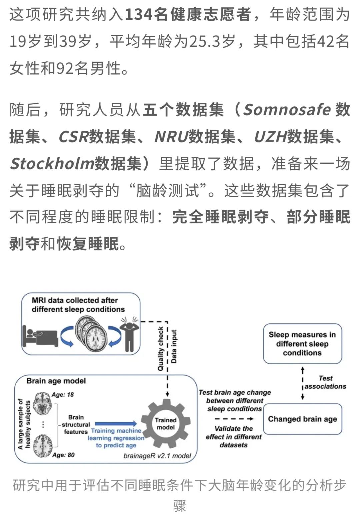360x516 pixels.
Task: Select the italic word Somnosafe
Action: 287,110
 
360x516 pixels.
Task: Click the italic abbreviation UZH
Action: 270,137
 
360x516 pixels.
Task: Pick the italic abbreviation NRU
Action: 171,137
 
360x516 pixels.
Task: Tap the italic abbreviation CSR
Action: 74,137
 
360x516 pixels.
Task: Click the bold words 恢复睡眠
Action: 88,244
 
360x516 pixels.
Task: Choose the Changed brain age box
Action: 302,419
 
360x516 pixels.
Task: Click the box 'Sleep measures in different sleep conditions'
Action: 302,343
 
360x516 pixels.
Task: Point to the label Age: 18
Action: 63,395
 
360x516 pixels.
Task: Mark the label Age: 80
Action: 63,455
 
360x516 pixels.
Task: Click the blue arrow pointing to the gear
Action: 115,424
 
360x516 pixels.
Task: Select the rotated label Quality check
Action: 161,348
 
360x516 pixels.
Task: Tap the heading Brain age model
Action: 56,381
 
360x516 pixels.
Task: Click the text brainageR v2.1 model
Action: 157,455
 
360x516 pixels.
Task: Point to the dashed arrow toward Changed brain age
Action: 234,419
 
